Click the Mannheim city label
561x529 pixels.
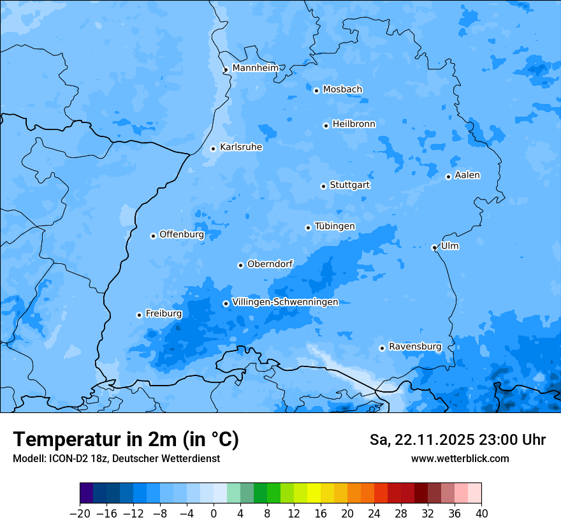pos(255,68)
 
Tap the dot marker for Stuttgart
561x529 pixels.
pos(323,186)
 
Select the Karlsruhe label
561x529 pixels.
pos(240,147)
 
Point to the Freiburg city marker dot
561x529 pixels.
pos(139,315)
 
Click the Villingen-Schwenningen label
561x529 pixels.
pos(285,302)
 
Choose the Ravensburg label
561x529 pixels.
pos(414,347)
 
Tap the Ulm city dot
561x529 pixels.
pos(434,247)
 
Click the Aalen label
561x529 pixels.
pos(467,175)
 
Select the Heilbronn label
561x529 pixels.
pos(354,124)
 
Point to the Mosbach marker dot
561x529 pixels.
pos(316,91)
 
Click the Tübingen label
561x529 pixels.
pos(335,226)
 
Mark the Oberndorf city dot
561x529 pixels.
pos(240,265)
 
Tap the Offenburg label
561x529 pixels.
pos(182,235)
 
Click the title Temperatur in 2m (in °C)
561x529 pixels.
pos(126,440)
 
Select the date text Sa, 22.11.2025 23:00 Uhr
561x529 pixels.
pos(457,440)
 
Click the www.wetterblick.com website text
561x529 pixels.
pos(460,458)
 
